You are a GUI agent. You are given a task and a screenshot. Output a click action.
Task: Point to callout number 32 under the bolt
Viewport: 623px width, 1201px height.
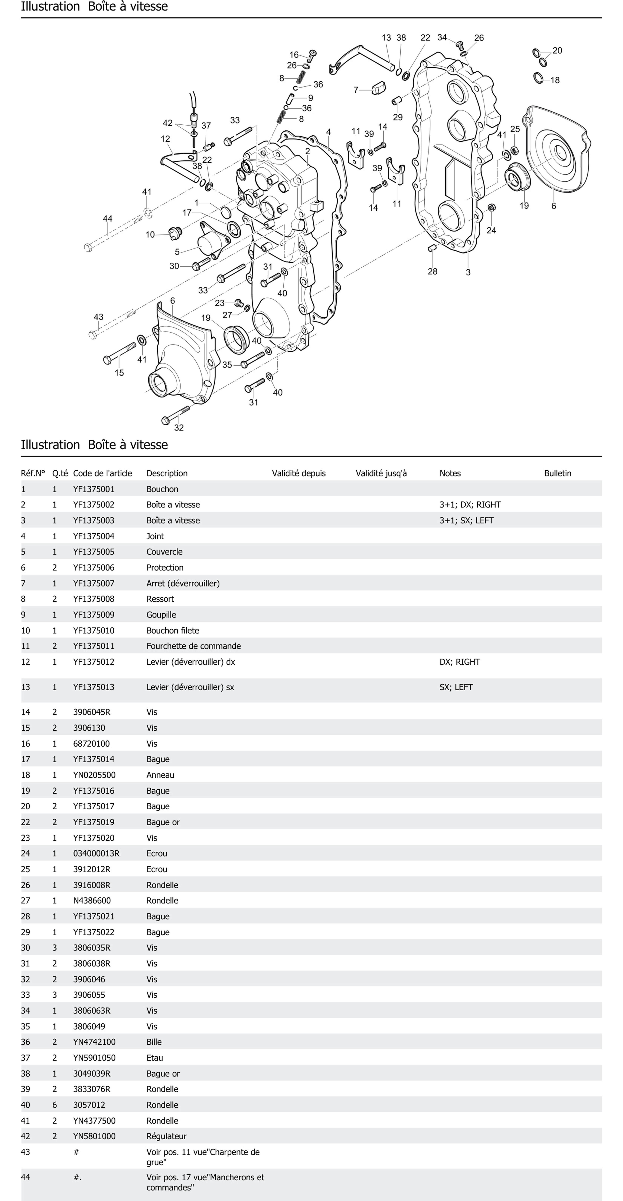pos(179,428)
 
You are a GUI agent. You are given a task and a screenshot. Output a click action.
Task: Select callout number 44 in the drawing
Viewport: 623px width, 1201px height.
pos(108,219)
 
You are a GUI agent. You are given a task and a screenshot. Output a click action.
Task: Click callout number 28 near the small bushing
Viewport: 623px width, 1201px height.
pos(432,271)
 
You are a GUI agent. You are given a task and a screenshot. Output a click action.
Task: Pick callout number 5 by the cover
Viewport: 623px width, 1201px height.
pos(177,252)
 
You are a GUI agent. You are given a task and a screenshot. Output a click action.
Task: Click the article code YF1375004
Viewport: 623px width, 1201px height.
pos(94,536)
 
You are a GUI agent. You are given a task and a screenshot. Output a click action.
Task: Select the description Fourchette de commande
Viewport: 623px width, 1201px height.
pos(193,646)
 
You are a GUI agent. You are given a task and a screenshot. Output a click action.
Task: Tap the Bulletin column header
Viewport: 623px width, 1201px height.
pos(557,473)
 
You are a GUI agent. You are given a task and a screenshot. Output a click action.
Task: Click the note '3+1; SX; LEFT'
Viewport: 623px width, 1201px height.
pos(466,520)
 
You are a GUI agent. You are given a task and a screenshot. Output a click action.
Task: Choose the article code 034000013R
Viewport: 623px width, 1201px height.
pos(96,853)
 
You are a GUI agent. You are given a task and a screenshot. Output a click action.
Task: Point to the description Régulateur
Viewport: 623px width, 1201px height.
pos(166,1136)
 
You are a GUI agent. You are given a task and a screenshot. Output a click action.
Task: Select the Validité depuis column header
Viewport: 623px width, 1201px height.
pos(299,473)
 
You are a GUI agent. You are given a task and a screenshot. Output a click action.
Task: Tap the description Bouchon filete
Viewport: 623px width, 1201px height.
pos(172,630)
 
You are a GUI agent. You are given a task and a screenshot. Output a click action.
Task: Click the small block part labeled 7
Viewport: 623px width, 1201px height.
pos(379,87)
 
